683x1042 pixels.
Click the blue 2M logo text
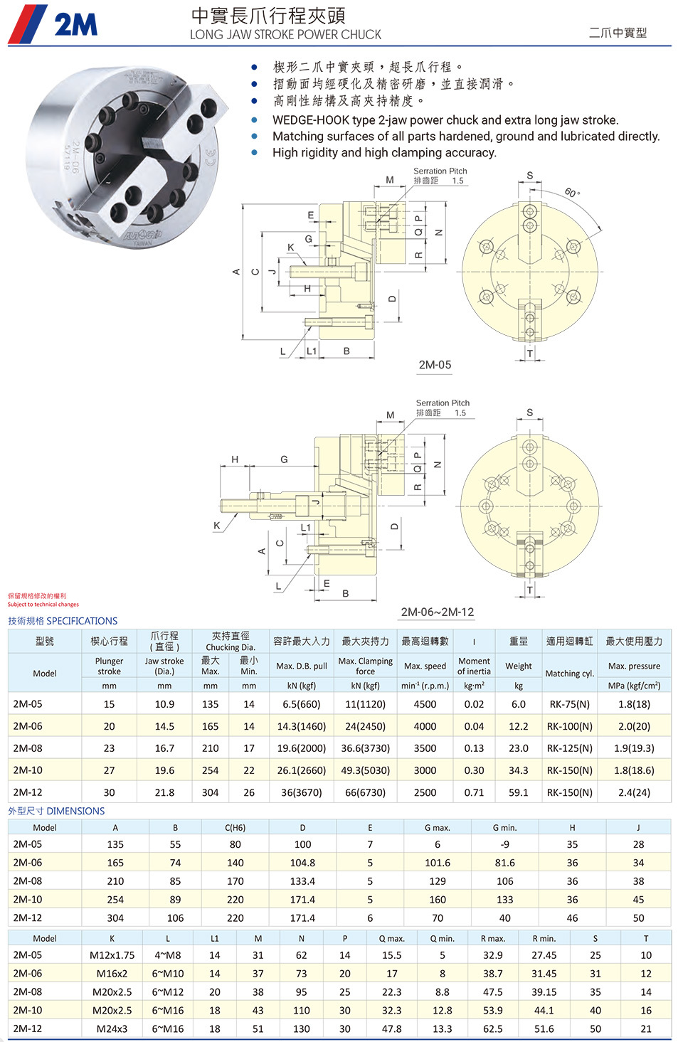coord(76,24)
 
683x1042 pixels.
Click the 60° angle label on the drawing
coord(572,192)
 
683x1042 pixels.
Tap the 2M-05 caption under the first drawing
coord(435,365)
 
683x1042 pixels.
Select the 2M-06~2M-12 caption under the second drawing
coord(438,612)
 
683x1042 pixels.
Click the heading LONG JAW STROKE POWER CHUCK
coord(285,35)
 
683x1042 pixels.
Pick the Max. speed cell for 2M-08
coord(425,748)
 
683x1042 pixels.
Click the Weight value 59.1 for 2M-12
coord(519,792)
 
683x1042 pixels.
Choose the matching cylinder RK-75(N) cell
coord(569,704)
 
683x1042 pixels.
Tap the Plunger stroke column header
coord(109,666)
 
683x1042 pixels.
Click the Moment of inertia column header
coord(474,666)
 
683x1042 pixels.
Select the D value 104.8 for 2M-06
coord(302,863)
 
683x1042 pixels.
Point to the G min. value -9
coord(505,844)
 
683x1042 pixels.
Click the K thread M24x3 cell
coord(112,1028)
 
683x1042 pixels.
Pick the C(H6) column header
coord(235,827)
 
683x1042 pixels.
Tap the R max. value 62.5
coord(492,1028)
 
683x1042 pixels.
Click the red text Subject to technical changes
coord(43,605)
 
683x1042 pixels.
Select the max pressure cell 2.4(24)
coord(634,792)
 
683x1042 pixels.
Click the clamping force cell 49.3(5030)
coord(365,770)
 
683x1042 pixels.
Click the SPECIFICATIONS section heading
coord(82,621)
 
